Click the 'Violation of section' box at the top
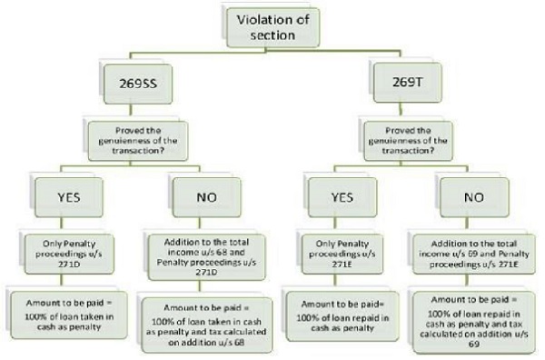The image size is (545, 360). (272, 27)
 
